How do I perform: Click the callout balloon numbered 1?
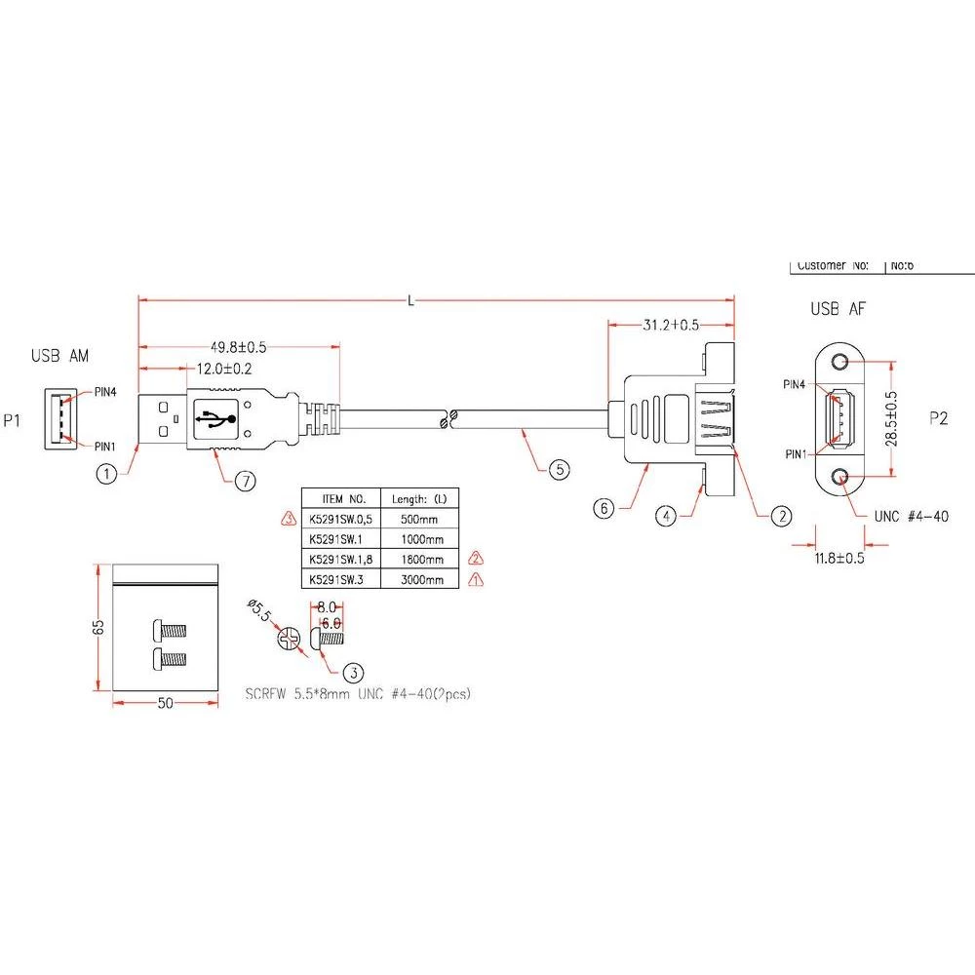[107, 475]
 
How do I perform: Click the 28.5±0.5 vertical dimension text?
[889, 419]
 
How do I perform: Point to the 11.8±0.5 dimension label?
[839, 560]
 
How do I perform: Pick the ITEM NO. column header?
[336, 496]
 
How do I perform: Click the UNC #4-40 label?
[913, 517]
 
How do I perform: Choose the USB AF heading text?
[838, 310]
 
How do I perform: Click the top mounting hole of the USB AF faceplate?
[840, 362]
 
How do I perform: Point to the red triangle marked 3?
[289, 518]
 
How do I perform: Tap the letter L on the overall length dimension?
[411, 301]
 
